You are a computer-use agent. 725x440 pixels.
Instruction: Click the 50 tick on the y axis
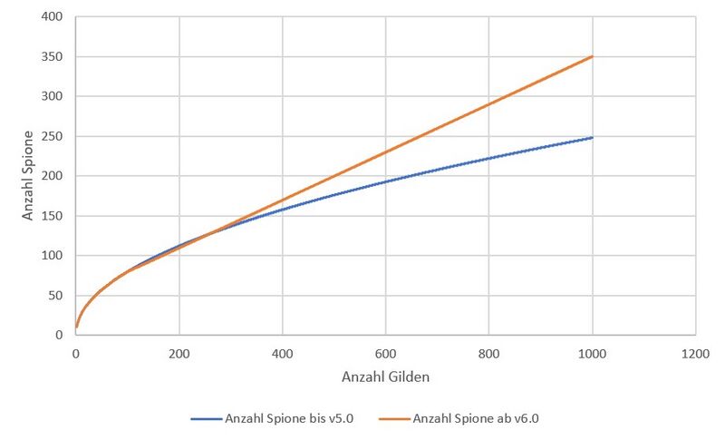tap(55, 296)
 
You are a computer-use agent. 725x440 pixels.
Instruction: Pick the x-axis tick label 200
tap(179, 353)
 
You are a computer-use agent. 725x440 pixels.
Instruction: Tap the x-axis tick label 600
tap(386, 353)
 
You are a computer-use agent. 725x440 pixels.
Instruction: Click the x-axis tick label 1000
tap(593, 353)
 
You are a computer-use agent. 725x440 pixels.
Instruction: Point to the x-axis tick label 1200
tap(696, 353)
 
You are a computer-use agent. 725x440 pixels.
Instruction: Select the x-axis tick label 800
tap(489, 353)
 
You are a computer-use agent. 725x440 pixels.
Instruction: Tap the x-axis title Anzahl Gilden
tap(386, 376)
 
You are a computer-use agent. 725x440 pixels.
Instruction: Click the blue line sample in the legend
tap(208, 418)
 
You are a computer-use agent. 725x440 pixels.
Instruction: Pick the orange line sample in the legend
tap(391, 418)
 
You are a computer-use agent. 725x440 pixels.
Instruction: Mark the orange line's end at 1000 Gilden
tap(593, 56)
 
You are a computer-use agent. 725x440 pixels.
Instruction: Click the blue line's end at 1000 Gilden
tap(593, 138)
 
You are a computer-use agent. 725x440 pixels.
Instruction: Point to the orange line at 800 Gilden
tap(489, 104)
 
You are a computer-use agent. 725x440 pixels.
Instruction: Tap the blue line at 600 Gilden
tap(386, 181)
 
